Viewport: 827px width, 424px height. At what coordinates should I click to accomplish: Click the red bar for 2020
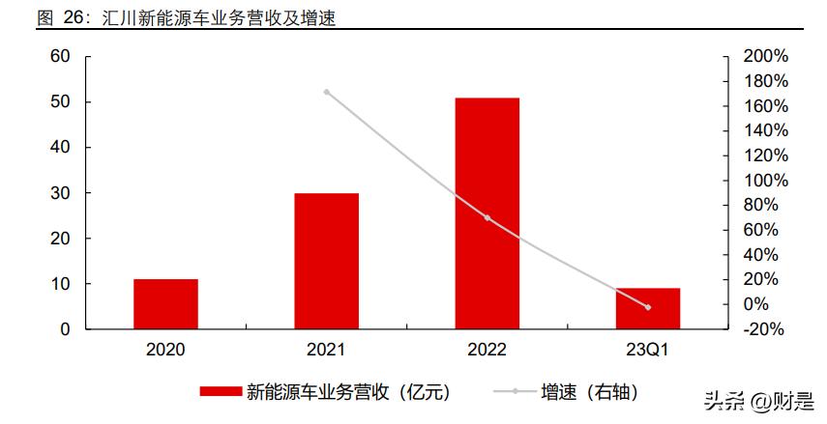pos(165,304)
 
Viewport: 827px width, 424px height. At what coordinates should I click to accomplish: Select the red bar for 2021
pos(326,261)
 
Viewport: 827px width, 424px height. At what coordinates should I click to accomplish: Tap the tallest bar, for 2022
pos(487,213)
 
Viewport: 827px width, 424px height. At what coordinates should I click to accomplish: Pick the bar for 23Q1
pos(648,308)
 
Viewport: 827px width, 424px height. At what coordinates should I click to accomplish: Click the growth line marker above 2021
pos(327,92)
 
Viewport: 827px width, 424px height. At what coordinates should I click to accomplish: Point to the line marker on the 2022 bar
pos(487,217)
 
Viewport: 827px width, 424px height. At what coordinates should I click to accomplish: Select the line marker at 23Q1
pos(648,307)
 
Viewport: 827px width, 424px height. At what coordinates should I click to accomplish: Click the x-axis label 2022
pos(487,351)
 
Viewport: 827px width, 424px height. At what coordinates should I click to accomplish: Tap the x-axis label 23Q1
pos(648,351)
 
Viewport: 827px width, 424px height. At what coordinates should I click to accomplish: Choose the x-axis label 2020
pos(165,351)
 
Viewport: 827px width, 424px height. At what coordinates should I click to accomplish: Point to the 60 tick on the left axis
pos(60,57)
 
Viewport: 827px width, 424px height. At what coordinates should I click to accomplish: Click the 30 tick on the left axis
pos(60,193)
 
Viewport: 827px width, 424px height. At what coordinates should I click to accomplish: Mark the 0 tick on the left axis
pos(65,329)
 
